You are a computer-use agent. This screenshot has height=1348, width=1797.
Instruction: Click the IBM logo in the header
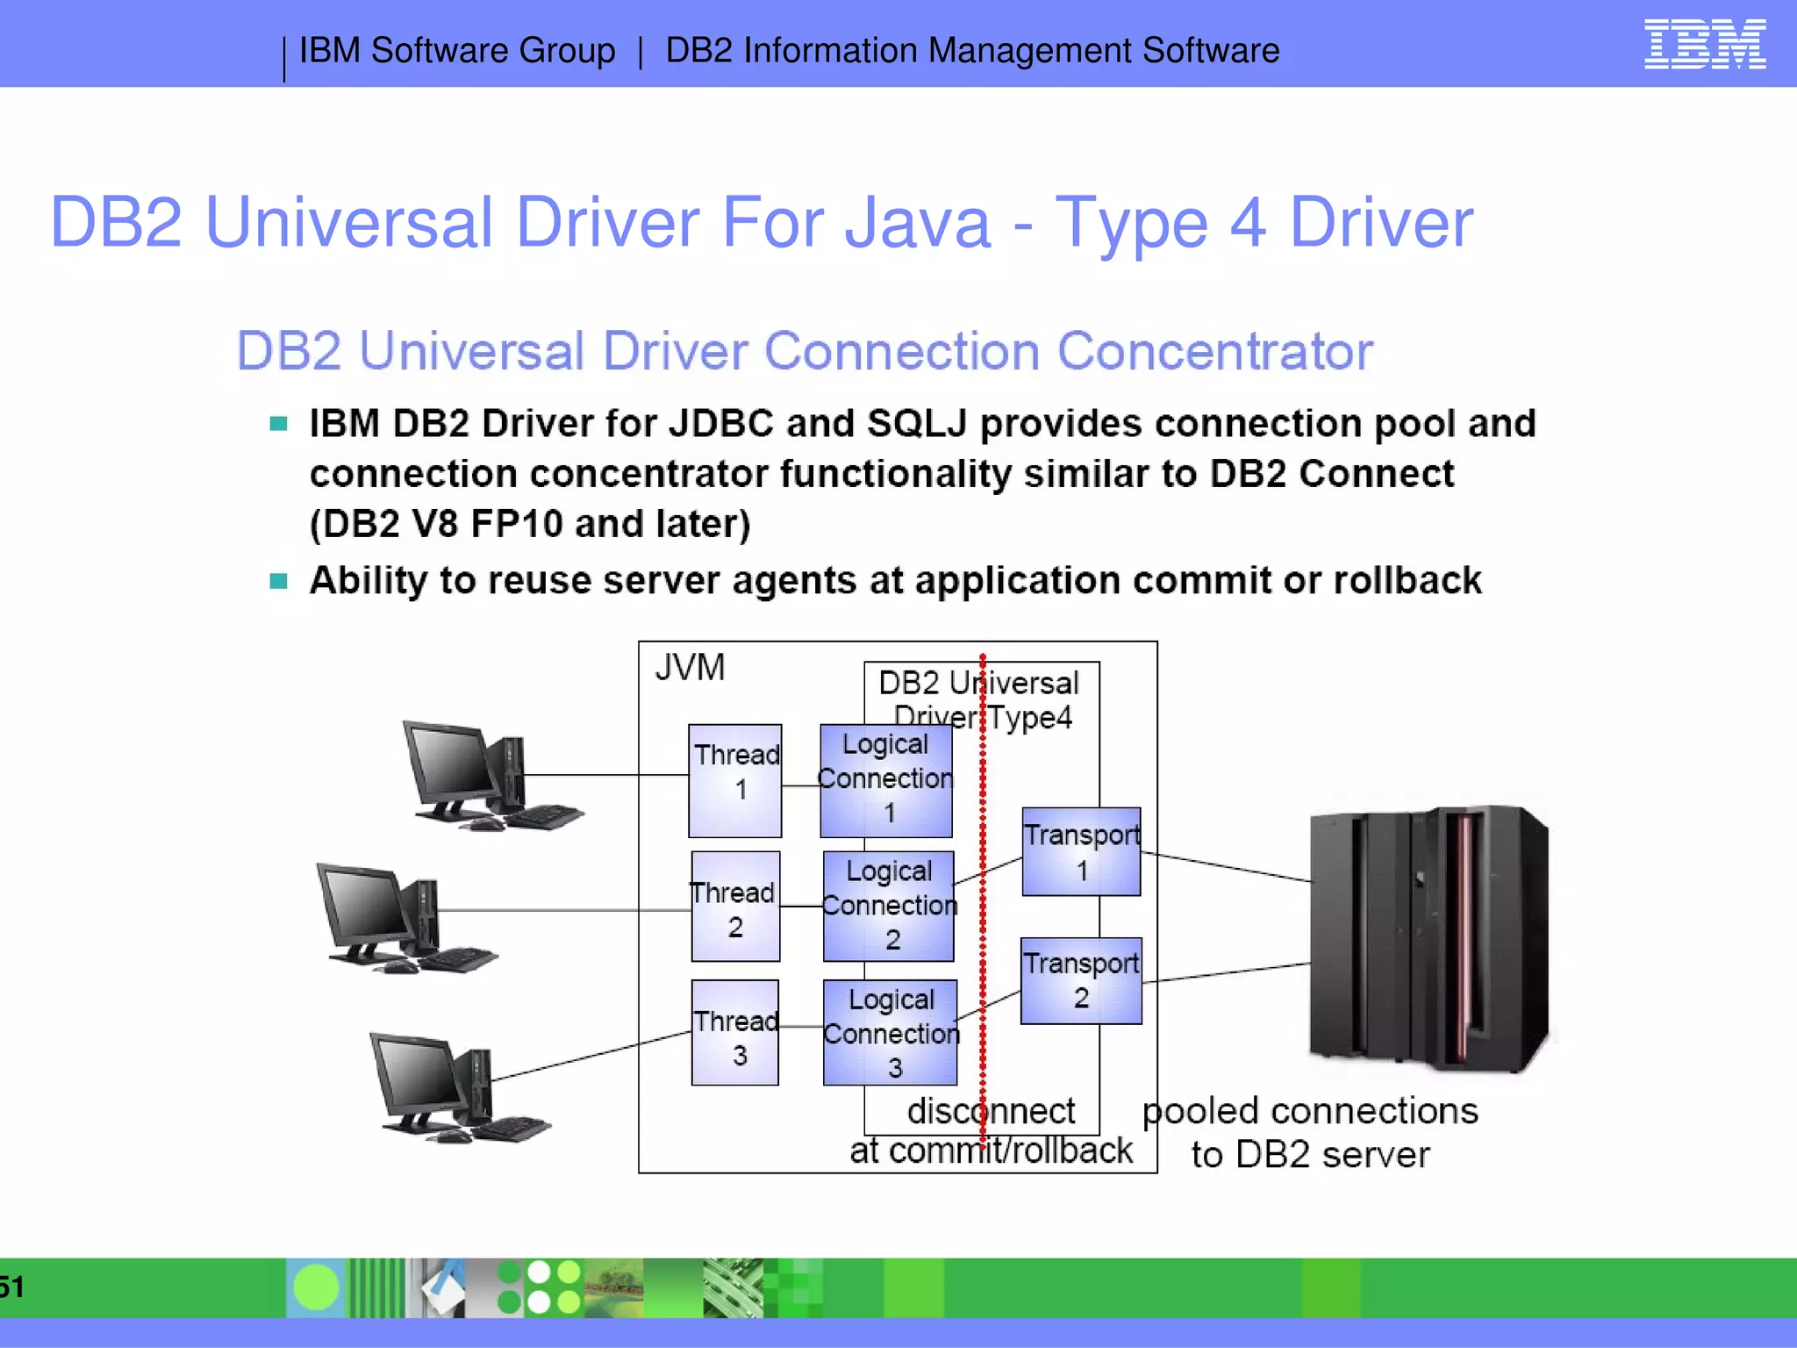[x=1704, y=45]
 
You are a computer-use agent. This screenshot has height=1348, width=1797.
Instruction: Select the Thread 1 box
[x=734, y=780]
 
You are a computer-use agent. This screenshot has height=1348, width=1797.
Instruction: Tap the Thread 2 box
[x=735, y=907]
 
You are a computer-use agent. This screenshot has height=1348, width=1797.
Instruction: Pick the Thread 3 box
[x=735, y=1033]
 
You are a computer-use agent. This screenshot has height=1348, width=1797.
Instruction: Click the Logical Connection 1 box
[x=886, y=780]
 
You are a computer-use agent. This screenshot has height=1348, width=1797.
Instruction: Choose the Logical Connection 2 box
[x=889, y=907]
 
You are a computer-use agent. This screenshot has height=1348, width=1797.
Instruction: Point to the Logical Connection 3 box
[x=891, y=1033]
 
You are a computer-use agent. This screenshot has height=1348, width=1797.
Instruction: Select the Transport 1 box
[x=1082, y=851]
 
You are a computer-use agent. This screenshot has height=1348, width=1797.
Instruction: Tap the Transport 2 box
[x=1081, y=980]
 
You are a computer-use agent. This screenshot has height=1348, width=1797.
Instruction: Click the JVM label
[x=690, y=668]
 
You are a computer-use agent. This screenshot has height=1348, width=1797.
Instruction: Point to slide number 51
[x=11, y=1287]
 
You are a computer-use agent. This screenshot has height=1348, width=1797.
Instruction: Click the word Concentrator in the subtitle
[x=1214, y=352]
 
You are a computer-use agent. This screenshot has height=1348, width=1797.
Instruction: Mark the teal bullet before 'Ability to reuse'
[x=279, y=581]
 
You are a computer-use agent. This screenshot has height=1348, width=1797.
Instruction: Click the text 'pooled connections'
[x=1309, y=1111]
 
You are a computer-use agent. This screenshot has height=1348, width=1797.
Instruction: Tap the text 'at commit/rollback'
[x=991, y=1151]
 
